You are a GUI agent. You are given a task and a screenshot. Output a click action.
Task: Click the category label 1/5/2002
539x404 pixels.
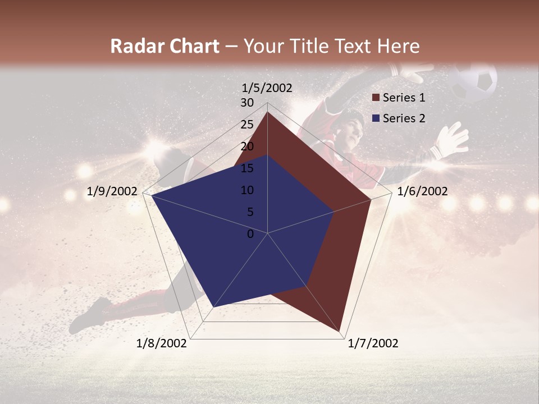point(267,88)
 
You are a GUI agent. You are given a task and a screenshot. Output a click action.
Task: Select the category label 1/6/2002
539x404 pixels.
point(422,191)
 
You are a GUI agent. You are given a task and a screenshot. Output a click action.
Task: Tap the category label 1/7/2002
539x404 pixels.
point(373,343)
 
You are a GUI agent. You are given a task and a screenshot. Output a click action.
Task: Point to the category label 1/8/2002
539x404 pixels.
point(162,343)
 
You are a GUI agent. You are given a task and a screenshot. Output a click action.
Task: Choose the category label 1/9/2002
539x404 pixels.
point(112,191)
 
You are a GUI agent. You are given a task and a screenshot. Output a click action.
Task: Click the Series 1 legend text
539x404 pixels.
point(404,98)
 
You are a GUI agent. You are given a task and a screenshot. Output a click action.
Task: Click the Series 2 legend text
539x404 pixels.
point(404,118)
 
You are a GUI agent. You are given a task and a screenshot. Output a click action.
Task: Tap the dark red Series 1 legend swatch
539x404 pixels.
point(376,98)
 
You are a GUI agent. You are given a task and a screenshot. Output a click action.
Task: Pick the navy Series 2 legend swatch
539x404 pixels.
point(376,118)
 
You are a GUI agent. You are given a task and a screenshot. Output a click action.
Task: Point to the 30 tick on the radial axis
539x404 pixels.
point(247,103)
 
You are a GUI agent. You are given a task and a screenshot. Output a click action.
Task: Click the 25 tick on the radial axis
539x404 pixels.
point(247,125)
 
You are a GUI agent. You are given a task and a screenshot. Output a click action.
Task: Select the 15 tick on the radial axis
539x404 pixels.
point(247,168)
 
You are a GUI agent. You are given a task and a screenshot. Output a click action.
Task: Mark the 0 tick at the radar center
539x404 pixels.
point(250,234)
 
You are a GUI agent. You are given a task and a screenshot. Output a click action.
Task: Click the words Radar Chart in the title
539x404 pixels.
point(165,47)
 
